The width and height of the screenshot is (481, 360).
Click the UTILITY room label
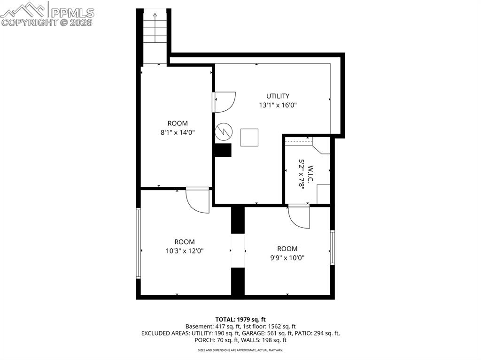pos(278,96)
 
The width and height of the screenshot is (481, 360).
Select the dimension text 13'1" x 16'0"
pos(278,105)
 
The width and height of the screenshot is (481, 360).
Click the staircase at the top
pos(155,33)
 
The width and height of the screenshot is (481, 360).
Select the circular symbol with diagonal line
pos(223,132)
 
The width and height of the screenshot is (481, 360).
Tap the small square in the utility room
pos(249,137)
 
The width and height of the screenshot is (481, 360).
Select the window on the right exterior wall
pos(332,248)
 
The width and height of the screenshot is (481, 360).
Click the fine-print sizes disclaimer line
pos(240,350)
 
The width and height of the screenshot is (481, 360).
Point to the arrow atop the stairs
pos(155,15)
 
